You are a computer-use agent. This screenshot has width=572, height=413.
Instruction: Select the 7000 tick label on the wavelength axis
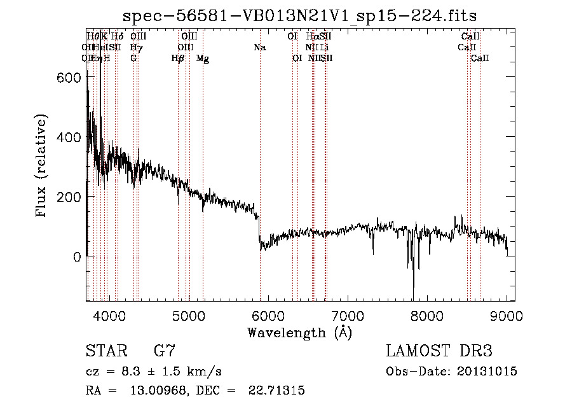coord(348,315)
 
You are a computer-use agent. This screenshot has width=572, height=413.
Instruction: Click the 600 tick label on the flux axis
coord(69,77)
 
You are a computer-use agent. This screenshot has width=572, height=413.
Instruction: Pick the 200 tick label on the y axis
coord(69,197)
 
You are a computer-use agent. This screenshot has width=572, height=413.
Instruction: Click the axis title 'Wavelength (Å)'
coord(299,332)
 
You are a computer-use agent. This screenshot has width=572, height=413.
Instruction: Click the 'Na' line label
coord(259,48)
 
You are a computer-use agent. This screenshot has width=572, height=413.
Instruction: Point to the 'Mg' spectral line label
coord(203,59)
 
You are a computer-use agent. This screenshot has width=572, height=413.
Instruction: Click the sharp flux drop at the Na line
coord(259,232)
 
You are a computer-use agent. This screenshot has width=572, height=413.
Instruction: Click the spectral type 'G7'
coord(165,351)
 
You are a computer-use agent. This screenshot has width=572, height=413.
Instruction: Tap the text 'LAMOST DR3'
coord(439,351)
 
